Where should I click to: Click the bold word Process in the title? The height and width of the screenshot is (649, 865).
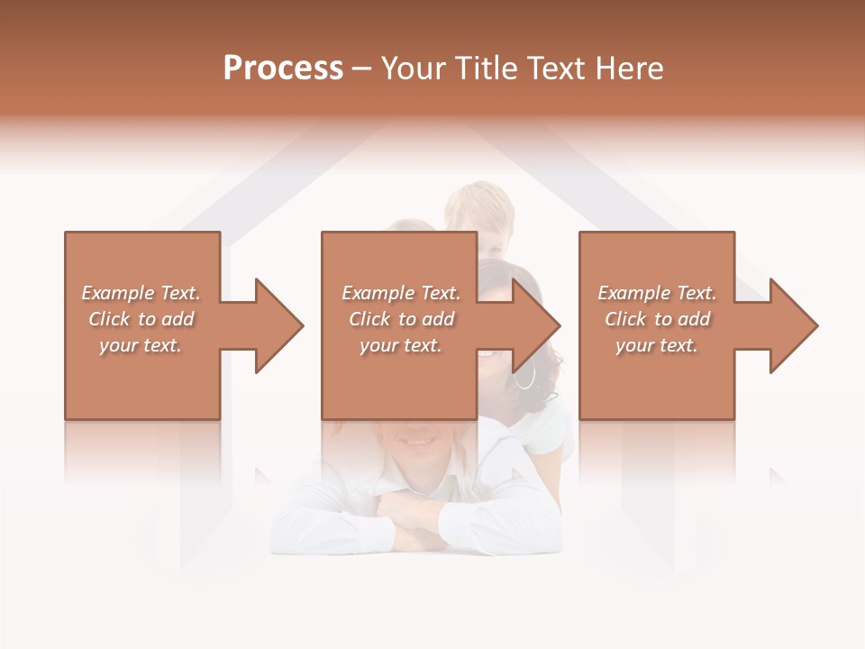point(283,69)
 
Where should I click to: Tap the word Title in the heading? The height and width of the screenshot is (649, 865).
point(483,69)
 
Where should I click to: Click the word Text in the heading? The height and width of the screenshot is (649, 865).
point(556,69)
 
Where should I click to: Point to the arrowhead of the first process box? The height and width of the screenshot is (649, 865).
point(279,325)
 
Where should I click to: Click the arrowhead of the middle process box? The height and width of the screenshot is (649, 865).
point(537,325)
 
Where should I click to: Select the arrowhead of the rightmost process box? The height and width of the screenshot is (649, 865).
point(794,325)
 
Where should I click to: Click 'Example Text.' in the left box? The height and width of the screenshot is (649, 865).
point(141,293)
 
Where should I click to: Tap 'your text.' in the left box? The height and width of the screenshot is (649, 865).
point(141,345)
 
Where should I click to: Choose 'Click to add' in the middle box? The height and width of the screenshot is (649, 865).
point(401,319)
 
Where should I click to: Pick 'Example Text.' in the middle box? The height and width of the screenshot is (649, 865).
point(401,293)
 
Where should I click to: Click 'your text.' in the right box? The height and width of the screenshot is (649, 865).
point(657,345)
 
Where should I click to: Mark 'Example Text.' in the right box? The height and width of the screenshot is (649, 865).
point(657,293)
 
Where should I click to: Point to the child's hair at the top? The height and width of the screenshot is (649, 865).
point(479,198)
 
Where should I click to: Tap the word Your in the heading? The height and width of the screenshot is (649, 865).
point(413,69)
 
